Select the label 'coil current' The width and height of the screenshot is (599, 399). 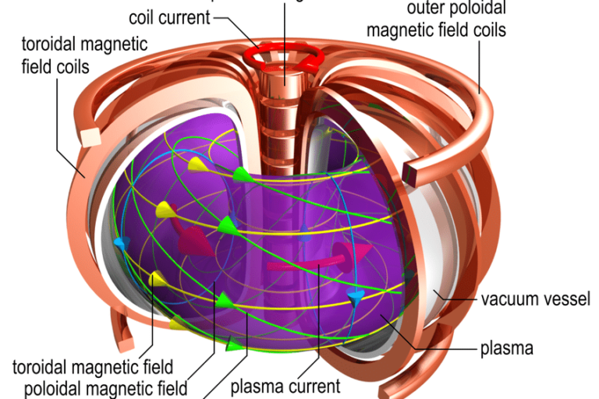coord(169,16)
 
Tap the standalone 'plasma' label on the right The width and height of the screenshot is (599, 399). coord(507,348)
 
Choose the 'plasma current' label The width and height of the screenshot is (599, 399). coord(285,386)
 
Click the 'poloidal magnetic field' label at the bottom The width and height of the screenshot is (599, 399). coord(106,387)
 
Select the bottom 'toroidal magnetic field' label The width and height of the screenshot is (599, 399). coord(93,365)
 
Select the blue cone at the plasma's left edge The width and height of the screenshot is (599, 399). coord(119,243)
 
